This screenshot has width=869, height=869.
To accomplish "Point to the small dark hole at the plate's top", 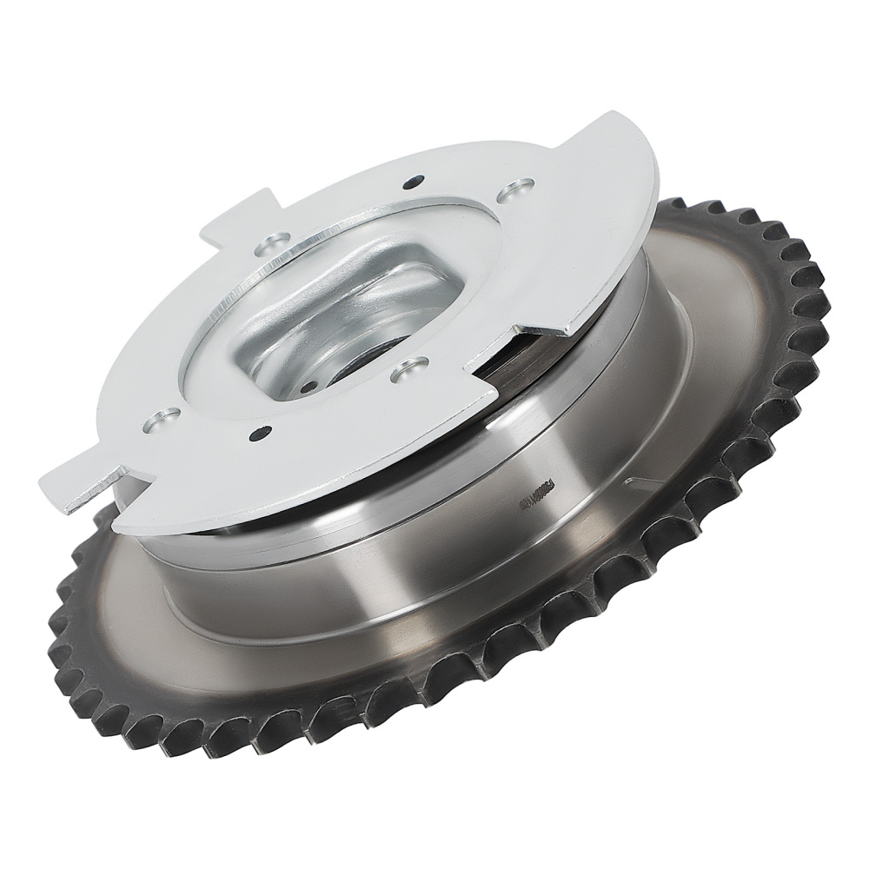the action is [413, 183].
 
